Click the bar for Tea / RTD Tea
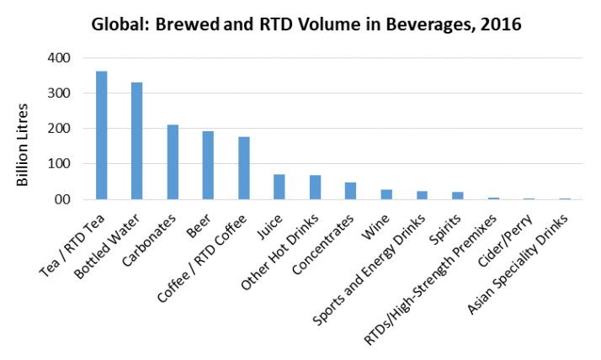(101, 135)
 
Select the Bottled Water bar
(136, 141)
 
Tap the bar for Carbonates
(173, 162)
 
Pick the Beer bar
(208, 166)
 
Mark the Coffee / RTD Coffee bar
(244, 168)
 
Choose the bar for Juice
(279, 187)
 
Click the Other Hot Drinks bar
(315, 188)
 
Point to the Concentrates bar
(351, 191)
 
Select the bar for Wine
(386, 195)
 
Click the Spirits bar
(458, 196)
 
